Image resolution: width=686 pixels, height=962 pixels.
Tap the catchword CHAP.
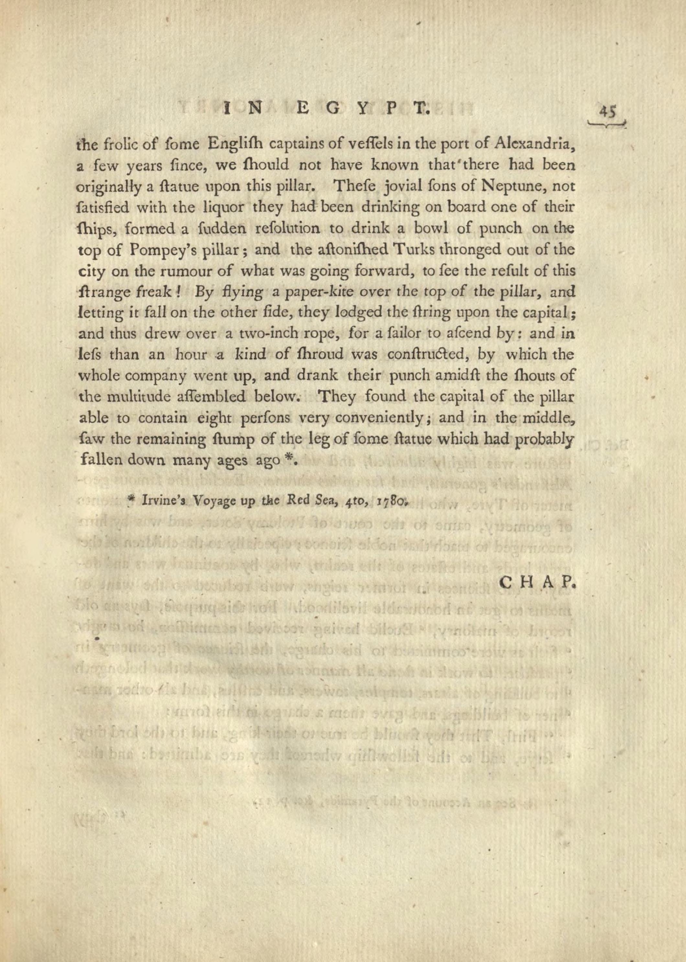click(x=537, y=584)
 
